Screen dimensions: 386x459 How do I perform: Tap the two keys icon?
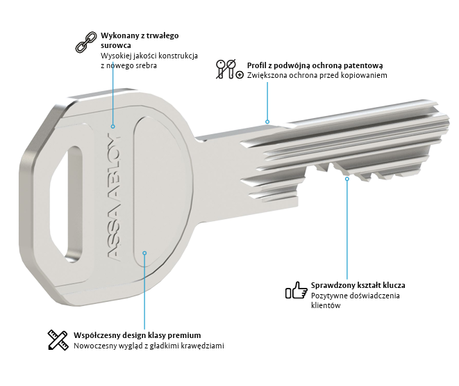(x=228, y=69)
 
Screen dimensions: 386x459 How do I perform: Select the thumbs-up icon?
(x=296, y=290)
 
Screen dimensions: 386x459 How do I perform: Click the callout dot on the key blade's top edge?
(x=267, y=120)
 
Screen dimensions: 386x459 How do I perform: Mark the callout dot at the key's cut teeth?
(x=348, y=179)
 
